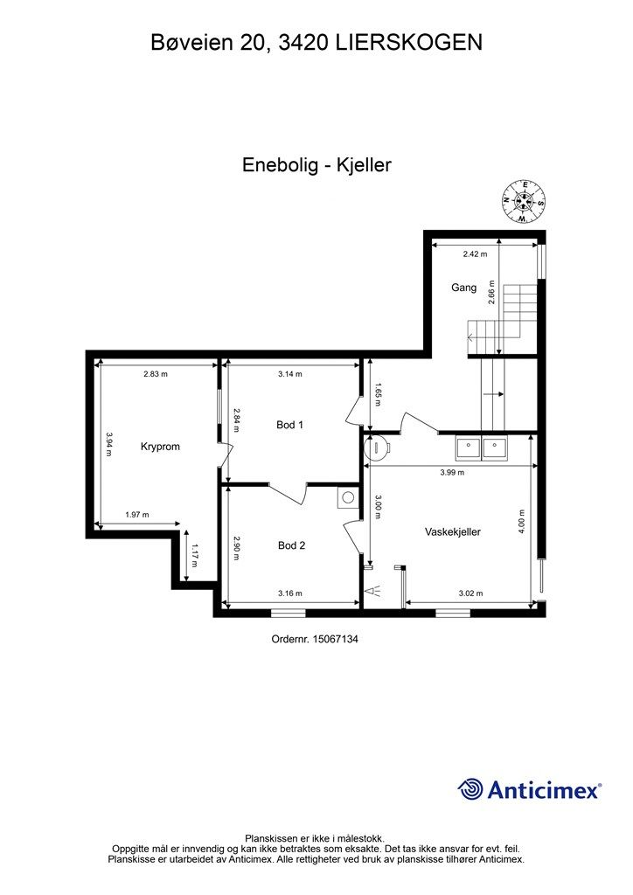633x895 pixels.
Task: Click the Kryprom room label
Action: point(160,447)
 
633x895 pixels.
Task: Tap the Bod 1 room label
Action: point(289,425)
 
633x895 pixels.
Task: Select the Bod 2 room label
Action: point(291,545)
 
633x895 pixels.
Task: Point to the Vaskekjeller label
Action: point(453,531)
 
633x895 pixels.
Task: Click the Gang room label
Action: point(463,287)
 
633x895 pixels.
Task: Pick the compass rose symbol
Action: point(524,201)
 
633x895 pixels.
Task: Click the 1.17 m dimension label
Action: point(194,552)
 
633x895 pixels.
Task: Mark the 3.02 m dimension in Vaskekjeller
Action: point(471,593)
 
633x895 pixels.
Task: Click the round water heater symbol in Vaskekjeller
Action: point(378,447)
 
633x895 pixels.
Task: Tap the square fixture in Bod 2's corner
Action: point(347,497)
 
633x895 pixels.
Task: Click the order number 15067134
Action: point(316,639)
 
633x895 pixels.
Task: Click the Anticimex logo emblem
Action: point(471,789)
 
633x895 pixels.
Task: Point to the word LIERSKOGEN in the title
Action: point(410,41)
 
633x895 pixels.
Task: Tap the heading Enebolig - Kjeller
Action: point(316,164)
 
